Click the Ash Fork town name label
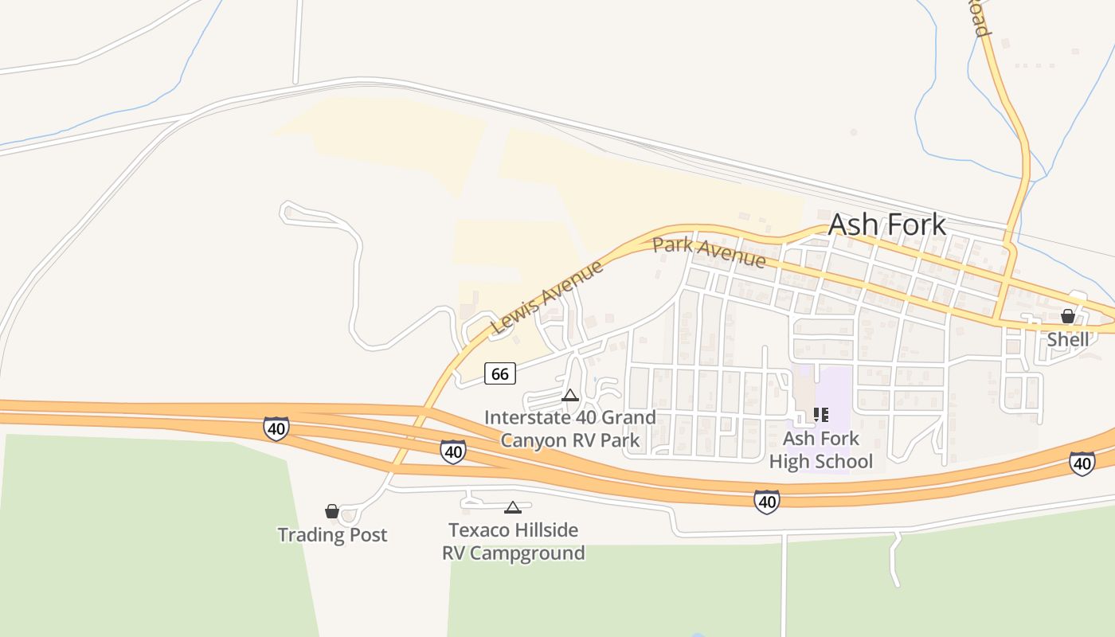click(887, 225)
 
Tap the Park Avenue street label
click(709, 252)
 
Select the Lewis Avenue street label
click(548, 296)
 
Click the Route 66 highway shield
click(500, 373)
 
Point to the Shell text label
click(1067, 340)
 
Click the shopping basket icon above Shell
click(1068, 317)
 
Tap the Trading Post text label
click(332, 534)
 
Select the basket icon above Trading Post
click(332, 511)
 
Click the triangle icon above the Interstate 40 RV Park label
click(570, 395)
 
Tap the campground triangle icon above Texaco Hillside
click(513, 507)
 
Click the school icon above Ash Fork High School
click(821, 415)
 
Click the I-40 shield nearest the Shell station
click(1082, 463)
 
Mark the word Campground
click(527, 553)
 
